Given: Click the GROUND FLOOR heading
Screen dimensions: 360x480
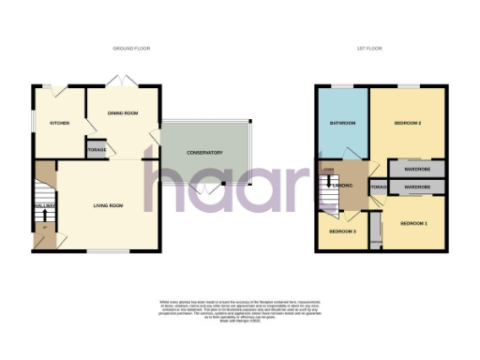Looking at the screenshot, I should pyautogui.click(x=131, y=48).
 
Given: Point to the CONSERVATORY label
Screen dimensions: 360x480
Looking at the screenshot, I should pyautogui.click(x=203, y=153).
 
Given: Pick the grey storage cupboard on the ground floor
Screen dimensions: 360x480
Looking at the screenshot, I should pyautogui.click(x=97, y=150).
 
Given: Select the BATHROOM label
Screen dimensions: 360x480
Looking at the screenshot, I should pyautogui.click(x=341, y=124).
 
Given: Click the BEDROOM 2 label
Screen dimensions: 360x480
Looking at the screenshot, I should pyautogui.click(x=405, y=123).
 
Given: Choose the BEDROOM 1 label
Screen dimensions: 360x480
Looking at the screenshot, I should pyautogui.click(x=413, y=223).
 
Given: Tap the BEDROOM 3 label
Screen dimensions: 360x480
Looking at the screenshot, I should pyautogui.click(x=341, y=231).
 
